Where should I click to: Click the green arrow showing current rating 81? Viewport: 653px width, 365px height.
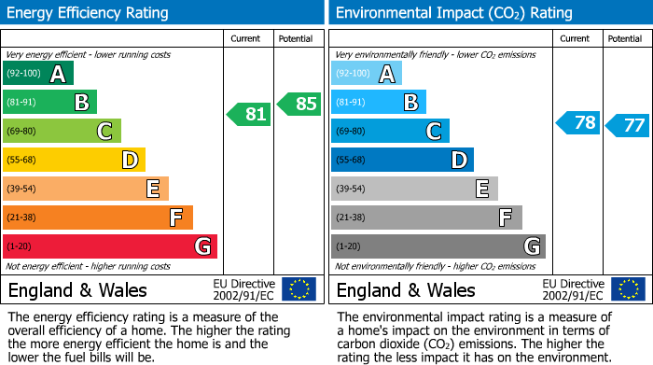click(249, 115)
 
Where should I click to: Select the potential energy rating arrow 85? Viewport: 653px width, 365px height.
click(299, 104)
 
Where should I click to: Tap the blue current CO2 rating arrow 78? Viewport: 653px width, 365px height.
click(578, 123)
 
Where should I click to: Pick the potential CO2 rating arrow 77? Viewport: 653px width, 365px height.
click(628, 125)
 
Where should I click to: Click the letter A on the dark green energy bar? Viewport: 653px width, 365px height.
click(58, 74)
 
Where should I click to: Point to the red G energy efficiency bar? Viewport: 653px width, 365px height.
click(110, 246)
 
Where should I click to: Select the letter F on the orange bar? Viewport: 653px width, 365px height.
click(175, 218)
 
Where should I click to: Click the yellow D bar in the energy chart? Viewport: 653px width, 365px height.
click(75, 161)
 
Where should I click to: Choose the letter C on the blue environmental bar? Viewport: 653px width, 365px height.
click(433, 132)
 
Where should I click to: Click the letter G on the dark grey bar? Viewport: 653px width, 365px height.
click(531, 246)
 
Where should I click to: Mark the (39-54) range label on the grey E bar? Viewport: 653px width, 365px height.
click(351, 190)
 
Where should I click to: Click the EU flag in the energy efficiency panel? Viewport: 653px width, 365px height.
click(299, 289)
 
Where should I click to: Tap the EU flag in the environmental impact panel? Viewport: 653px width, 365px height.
click(627, 289)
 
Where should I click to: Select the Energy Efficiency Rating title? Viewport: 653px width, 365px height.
click(89, 13)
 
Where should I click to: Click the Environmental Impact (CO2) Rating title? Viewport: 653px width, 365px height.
click(453, 13)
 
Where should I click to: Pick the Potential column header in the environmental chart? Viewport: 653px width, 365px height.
click(625, 39)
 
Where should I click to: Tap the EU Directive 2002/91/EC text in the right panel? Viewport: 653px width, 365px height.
click(573, 289)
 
